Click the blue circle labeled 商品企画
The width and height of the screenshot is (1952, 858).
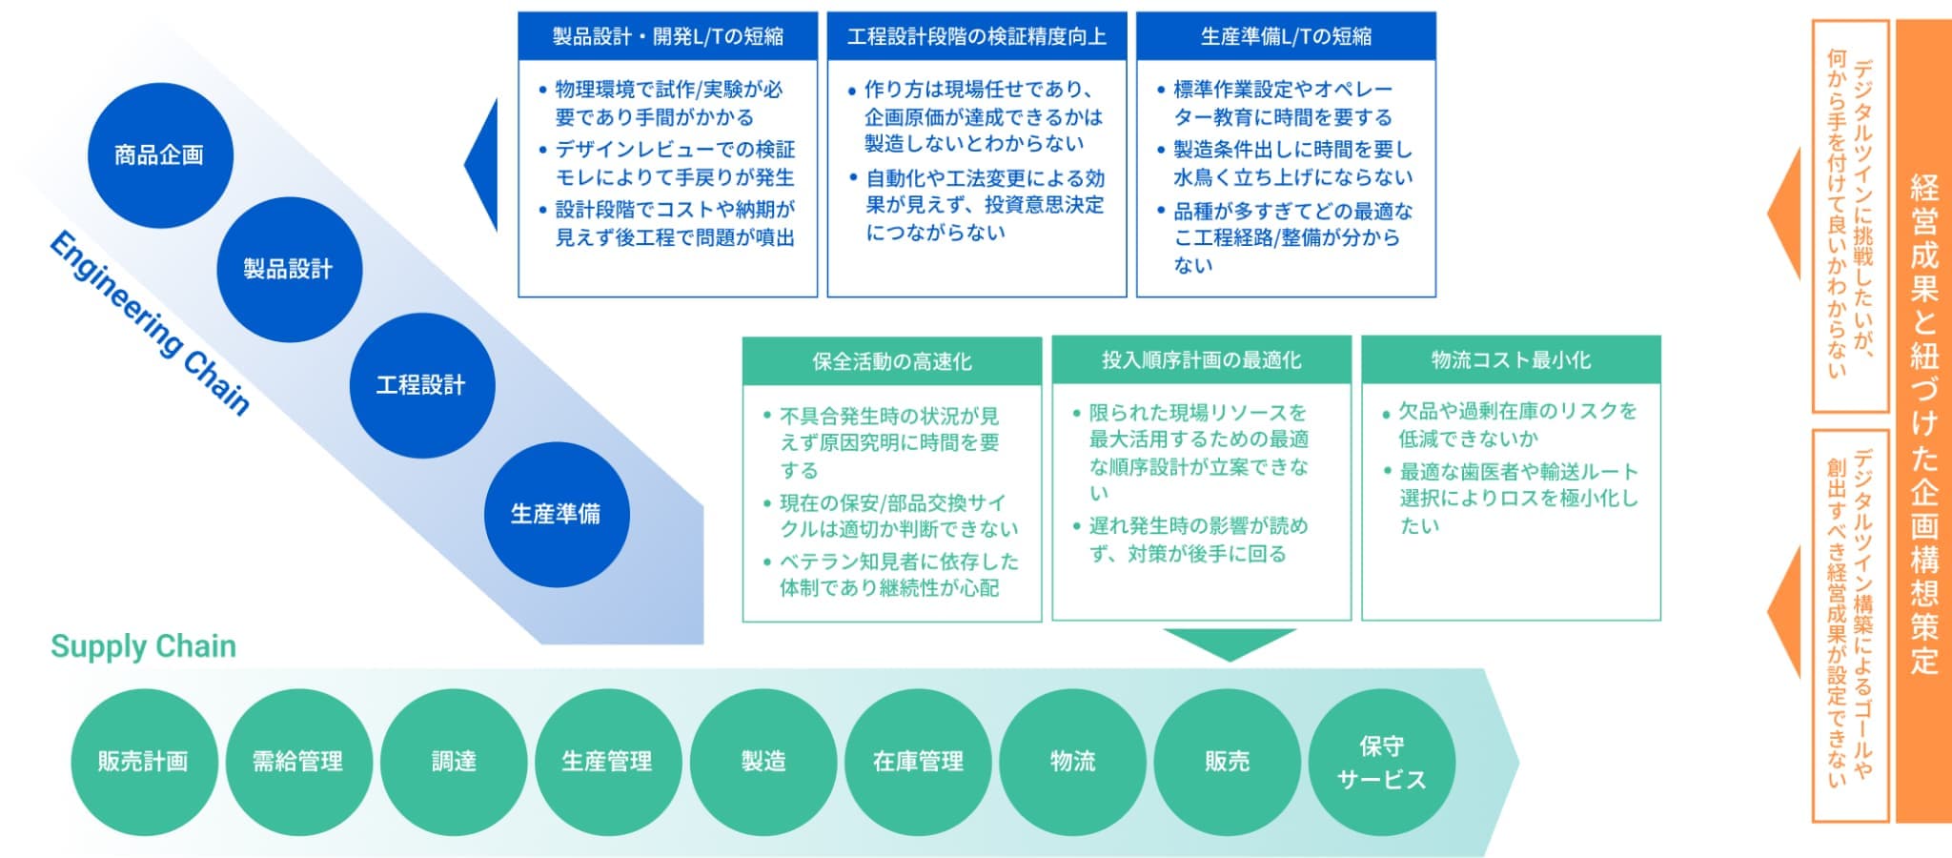pyautogui.click(x=160, y=155)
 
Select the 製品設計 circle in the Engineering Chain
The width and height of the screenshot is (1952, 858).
pyautogui.click(x=289, y=270)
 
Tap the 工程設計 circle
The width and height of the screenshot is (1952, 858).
pyautogui.click(x=421, y=385)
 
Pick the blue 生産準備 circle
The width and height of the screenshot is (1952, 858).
pyautogui.click(x=557, y=515)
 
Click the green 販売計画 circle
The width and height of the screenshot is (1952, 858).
pyautogui.click(x=144, y=762)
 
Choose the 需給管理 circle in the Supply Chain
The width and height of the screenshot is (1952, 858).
pyautogui.click(x=298, y=762)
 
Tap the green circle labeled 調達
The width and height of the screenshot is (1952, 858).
pyautogui.click(x=454, y=762)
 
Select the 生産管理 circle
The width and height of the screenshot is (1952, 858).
pyautogui.click(x=608, y=762)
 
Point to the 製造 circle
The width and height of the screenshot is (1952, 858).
pyautogui.click(x=763, y=762)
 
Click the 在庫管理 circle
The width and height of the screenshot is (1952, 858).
pyautogui.click(x=918, y=762)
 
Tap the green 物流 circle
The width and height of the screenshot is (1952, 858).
pyautogui.click(x=1072, y=762)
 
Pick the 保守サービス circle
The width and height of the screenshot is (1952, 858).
pyautogui.click(x=1382, y=762)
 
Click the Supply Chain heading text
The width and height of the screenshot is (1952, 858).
pyautogui.click(x=143, y=646)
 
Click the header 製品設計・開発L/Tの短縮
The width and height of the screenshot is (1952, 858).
pyautogui.click(x=668, y=36)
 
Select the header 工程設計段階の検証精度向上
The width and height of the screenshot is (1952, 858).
pyautogui.click(x=977, y=36)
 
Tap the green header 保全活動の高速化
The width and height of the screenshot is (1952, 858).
pyautogui.click(x=892, y=361)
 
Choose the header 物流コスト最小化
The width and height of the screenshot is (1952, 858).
pyautogui.click(x=1511, y=360)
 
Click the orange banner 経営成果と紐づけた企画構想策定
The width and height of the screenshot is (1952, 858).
pyautogui.click(x=1923, y=421)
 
